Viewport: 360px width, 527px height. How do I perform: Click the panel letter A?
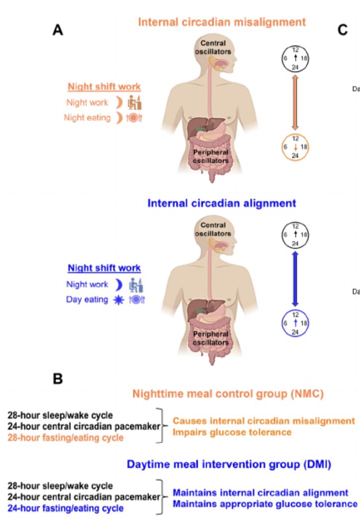point(59,30)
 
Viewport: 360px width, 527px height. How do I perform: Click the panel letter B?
point(59,379)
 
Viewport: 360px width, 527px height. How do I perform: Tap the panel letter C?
point(342,30)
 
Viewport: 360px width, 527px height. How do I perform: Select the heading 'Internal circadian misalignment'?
point(222,22)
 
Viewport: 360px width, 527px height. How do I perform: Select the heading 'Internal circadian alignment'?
point(222,203)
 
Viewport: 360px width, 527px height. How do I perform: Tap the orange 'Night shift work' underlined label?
point(104,87)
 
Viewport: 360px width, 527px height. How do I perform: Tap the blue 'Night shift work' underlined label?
point(104,268)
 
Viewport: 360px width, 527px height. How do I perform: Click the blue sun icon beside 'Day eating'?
point(118,300)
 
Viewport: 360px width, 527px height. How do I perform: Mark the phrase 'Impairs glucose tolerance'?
point(232,432)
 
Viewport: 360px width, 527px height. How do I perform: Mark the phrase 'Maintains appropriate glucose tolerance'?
point(265,504)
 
